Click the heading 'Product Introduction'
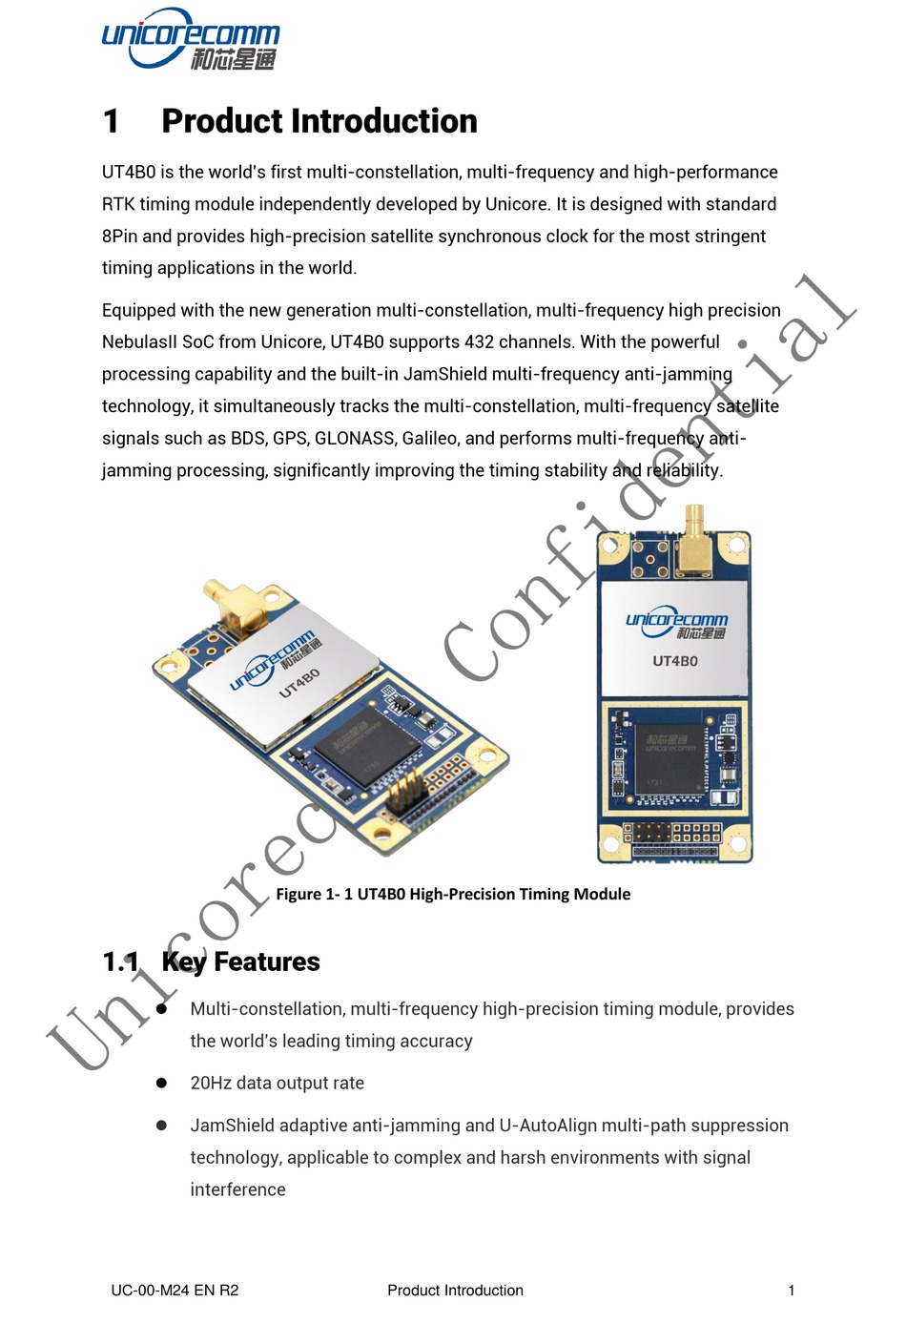point(319,121)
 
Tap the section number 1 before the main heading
point(111,121)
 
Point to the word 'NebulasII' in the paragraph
point(139,341)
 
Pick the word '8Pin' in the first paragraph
point(119,236)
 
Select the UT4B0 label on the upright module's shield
point(675,660)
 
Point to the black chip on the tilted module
point(366,744)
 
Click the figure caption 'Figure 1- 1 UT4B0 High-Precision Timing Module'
point(453,894)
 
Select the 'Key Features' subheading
point(240,961)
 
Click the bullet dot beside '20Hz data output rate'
point(161,1083)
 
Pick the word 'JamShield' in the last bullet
point(230,1125)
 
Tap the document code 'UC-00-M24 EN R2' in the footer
point(175,1291)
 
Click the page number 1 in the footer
point(791,1291)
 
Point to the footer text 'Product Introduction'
point(455,1291)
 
